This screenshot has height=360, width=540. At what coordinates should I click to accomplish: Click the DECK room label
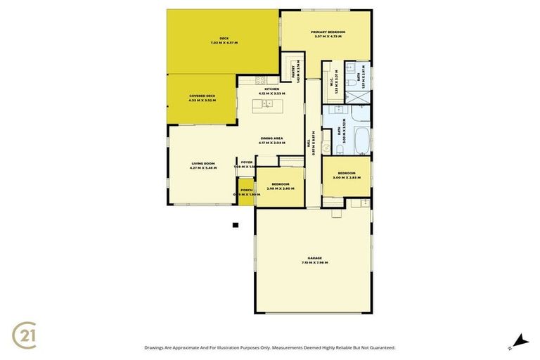tap(224, 39)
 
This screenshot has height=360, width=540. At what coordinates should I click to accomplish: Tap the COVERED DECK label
tap(202, 96)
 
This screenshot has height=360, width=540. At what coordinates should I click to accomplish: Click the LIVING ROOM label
tap(203, 164)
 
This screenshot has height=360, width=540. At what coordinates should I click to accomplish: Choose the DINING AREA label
tap(271, 139)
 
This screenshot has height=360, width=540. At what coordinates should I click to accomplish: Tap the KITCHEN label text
tap(271, 89)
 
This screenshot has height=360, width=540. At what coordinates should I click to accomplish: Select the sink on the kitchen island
tap(269, 104)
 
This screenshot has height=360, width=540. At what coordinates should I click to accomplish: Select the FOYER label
tap(246, 162)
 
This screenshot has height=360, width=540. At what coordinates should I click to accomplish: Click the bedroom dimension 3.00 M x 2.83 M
tap(346, 178)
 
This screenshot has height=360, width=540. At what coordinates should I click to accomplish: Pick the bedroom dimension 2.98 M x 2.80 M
tap(279, 188)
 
